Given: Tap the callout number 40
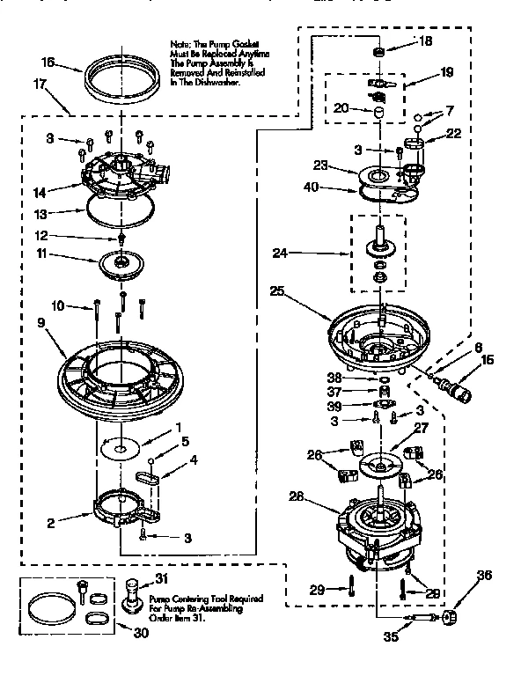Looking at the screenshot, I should [x=311, y=186].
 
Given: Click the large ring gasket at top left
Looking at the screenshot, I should [x=122, y=80].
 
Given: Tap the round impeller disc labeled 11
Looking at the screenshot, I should [x=122, y=264].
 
